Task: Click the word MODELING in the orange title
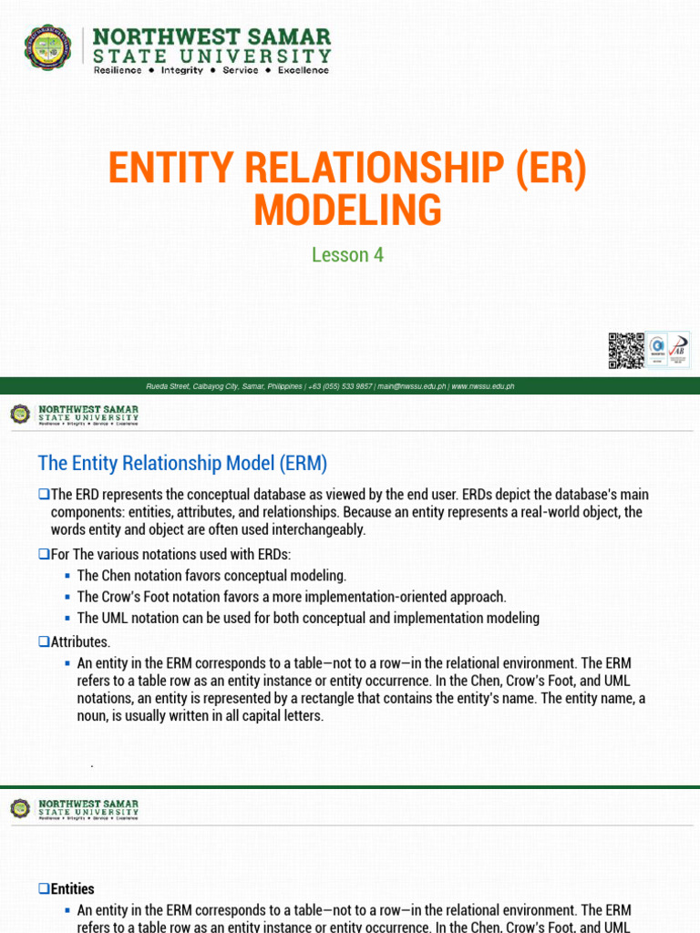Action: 347,210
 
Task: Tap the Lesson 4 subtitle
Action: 347,255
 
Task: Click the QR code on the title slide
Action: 625,351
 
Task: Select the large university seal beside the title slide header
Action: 49,49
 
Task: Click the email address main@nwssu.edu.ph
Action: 412,386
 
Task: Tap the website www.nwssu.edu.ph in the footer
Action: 483,386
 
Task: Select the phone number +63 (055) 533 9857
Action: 340,386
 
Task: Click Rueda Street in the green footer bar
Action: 167,386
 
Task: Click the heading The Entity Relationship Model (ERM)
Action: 182,464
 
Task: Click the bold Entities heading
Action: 73,888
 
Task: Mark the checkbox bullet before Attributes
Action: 43,641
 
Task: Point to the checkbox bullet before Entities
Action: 43,888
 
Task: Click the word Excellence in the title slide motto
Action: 304,70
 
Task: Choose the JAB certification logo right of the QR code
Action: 677,350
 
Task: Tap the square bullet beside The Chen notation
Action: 68,576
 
